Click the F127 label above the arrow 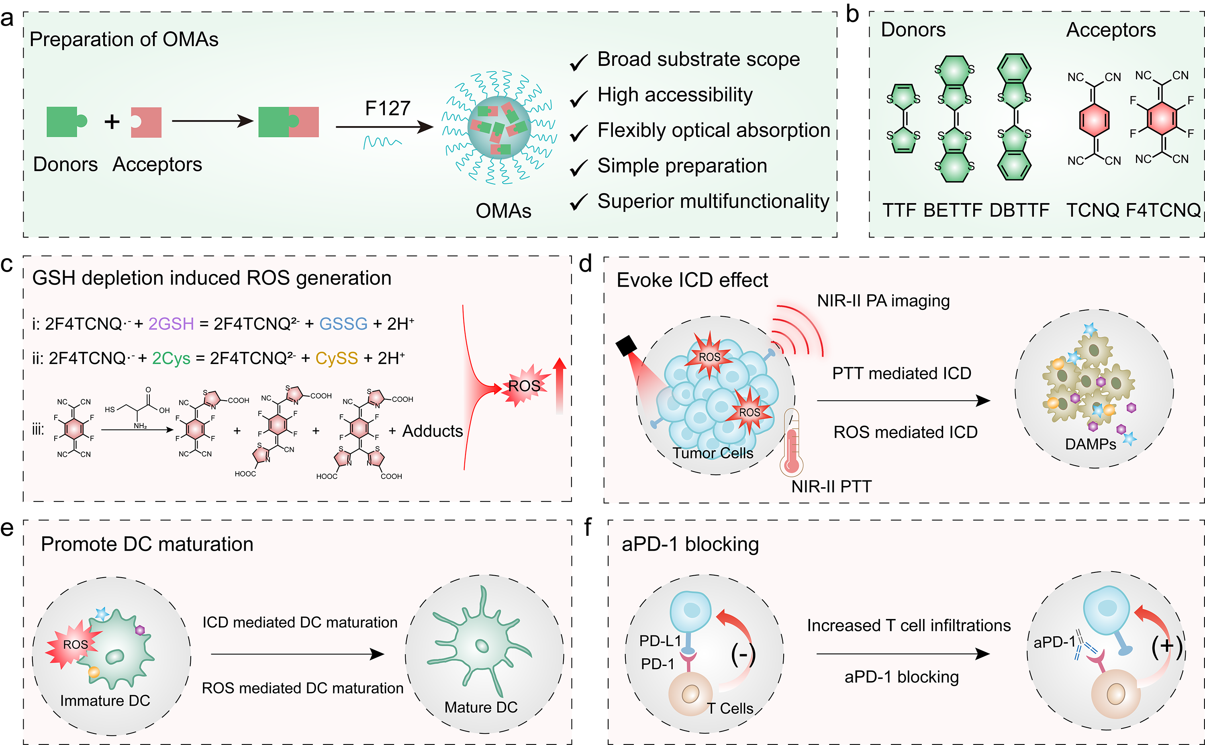tap(388, 108)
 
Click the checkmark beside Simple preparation tap(579, 167)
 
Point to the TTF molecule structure tap(903, 118)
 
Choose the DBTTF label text tap(1019, 210)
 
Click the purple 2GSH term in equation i tap(171, 324)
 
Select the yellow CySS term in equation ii tap(336, 358)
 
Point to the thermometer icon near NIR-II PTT tap(791, 444)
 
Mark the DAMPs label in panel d tap(1090, 444)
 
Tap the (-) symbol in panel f tap(743, 655)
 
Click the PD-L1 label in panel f tap(660, 641)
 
